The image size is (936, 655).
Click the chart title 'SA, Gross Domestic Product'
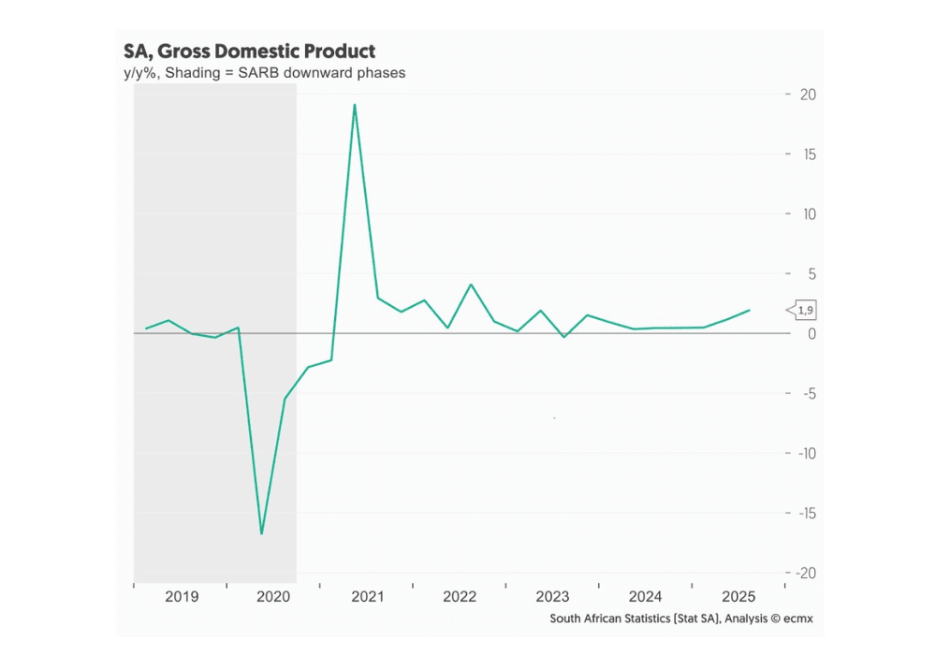[x=249, y=51]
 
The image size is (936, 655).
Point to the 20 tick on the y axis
[x=807, y=95]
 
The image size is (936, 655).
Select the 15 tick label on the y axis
[x=807, y=154]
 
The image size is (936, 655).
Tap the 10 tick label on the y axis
[x=807, y=214]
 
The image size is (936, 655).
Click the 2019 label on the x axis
[x=181, y=597]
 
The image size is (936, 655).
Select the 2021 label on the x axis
[x=366, y=597]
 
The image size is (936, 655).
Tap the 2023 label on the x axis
[x=552, y=597]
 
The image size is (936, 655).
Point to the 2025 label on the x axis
[x=739, y=597]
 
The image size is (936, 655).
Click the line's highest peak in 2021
[x=355, y=105]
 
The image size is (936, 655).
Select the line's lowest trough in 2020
[x=261, y=533]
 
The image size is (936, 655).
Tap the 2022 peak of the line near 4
[x=471, y=284]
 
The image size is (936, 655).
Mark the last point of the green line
[x=749, y=310]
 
